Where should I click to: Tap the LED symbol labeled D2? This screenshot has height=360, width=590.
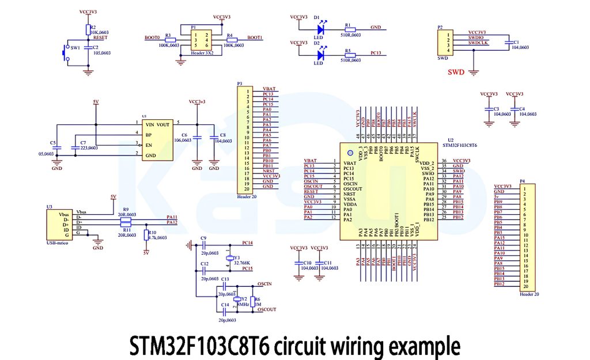322,55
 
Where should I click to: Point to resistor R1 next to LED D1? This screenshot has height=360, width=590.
350,28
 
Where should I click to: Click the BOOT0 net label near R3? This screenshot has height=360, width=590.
152,37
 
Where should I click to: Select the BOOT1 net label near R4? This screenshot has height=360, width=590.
255,37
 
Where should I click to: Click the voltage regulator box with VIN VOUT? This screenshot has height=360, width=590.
157,140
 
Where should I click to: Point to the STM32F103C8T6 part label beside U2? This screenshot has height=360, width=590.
462,146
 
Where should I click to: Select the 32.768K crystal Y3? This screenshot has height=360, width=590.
230,258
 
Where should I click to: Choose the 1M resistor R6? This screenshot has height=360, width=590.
251,301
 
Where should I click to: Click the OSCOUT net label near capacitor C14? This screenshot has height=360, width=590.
267,309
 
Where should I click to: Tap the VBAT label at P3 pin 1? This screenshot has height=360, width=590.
269,89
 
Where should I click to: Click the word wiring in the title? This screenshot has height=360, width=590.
358,346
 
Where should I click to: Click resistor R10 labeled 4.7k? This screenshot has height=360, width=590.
145,235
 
